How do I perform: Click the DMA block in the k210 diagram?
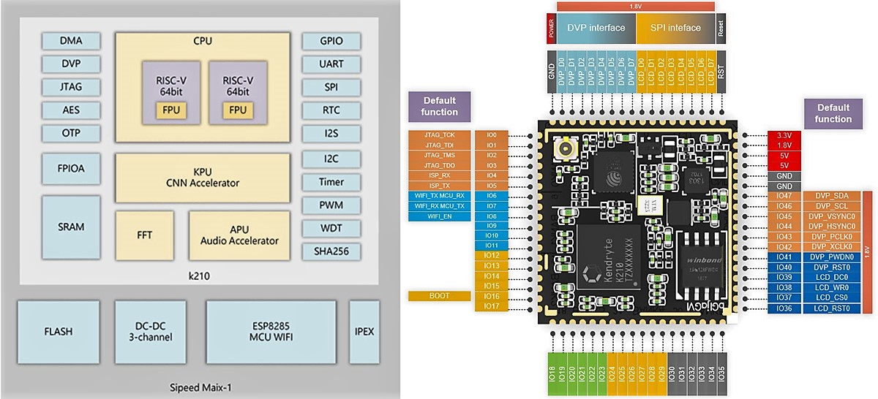click(x=71, y=41)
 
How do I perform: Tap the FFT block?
click(x=144, y=235)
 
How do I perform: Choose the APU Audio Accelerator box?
click(x=244, y=235)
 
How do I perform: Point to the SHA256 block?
click(x=331, y=251)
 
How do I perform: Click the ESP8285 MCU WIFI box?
click(x=271, y=331)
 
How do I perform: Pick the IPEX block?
click(x=364, y=331)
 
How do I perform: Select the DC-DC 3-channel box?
click(x=154, y=331)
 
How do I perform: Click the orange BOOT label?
click(x=440, y=296)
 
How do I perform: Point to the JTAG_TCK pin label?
click(x=440, y=135)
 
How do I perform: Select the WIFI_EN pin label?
click(x=440, y=216)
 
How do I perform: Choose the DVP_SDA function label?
click(x=830, y=197)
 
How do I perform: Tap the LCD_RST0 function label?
click(x=830, y=308)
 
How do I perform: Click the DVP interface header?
click(x=596, y=28)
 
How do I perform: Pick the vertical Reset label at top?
click(x=721, y=28)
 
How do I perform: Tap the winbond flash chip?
click(x=700, y=260)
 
